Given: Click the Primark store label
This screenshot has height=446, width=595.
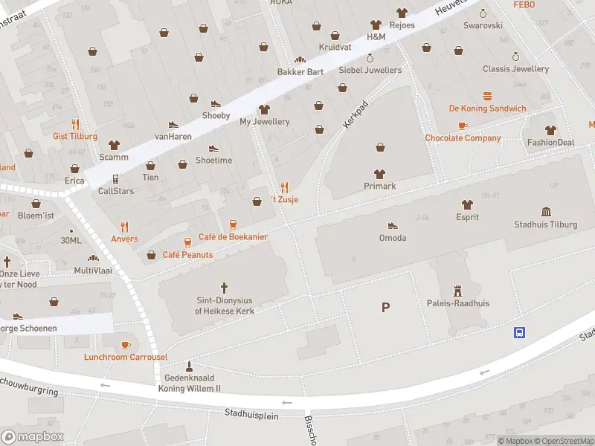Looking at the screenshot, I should click(x=379, y=186).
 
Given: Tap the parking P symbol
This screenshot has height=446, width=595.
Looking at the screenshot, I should click(x=385, y=307).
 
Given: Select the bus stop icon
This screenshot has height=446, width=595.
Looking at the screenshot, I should click(x=519, y=332).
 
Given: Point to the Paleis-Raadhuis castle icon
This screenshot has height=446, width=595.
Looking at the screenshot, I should click(x=457, y=291).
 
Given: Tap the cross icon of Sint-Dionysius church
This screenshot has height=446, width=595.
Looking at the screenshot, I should click(x=225, y=287).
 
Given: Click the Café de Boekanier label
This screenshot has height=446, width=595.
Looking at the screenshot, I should click(x=233, y=236).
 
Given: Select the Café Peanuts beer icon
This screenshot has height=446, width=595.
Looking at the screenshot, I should click(x=187, y=242).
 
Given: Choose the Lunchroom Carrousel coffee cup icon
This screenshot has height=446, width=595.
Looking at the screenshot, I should click(x=126, y=344).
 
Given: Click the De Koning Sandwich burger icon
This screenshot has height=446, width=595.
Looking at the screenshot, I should click(x=487, y=96).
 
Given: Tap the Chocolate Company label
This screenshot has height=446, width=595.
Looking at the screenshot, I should click(x=463, y=138).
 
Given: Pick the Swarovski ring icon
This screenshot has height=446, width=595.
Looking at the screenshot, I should click(x=483, y=13).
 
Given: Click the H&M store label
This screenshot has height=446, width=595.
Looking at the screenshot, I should click(x=376, y=36).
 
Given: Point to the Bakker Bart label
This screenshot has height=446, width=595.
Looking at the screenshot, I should click(x=300, y=72).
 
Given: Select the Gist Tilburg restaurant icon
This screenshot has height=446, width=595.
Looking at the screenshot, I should click(x=75, y=124).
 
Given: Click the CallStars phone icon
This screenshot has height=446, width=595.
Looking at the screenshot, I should click(x=115, y=178).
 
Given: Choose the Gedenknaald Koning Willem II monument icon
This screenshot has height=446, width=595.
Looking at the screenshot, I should click(x=189, y=366).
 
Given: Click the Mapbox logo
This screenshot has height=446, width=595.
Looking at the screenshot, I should click(x=32, y=437).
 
